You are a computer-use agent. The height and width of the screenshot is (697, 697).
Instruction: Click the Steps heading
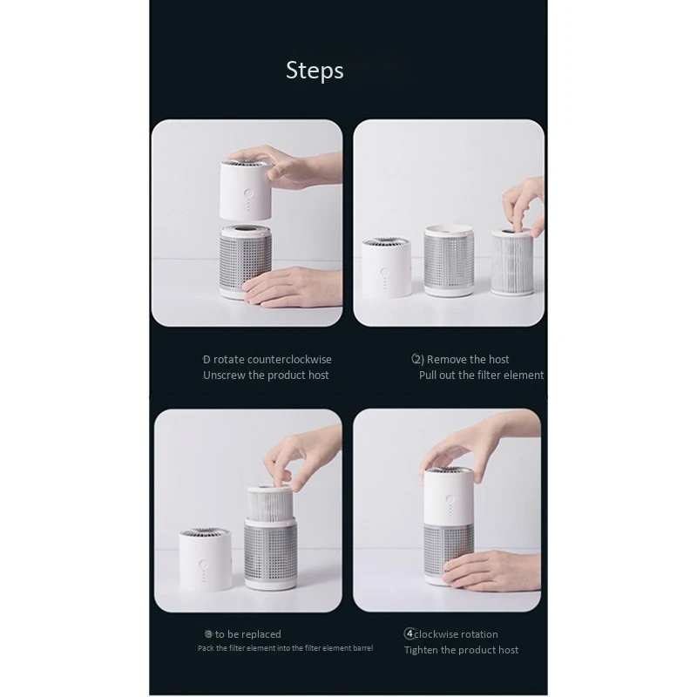[315, 71]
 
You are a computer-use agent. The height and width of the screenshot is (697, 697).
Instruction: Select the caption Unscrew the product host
[266, 376]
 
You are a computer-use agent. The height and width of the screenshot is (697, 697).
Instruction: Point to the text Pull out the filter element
[481, 376]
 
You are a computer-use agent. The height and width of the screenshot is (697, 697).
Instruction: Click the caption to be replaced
[247, 634]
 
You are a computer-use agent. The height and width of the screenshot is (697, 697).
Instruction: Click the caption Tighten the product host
[461, 650]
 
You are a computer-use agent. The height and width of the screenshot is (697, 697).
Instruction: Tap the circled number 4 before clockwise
[409, 634]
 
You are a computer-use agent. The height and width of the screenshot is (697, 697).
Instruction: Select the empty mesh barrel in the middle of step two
[449, 261]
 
